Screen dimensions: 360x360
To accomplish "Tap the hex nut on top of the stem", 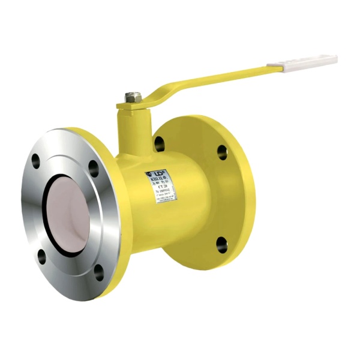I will (x=133, y=97).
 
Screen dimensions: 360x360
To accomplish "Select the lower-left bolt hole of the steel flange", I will (x=41, y=258).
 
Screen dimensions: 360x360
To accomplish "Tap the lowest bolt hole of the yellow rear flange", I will (x=221, y=244).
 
